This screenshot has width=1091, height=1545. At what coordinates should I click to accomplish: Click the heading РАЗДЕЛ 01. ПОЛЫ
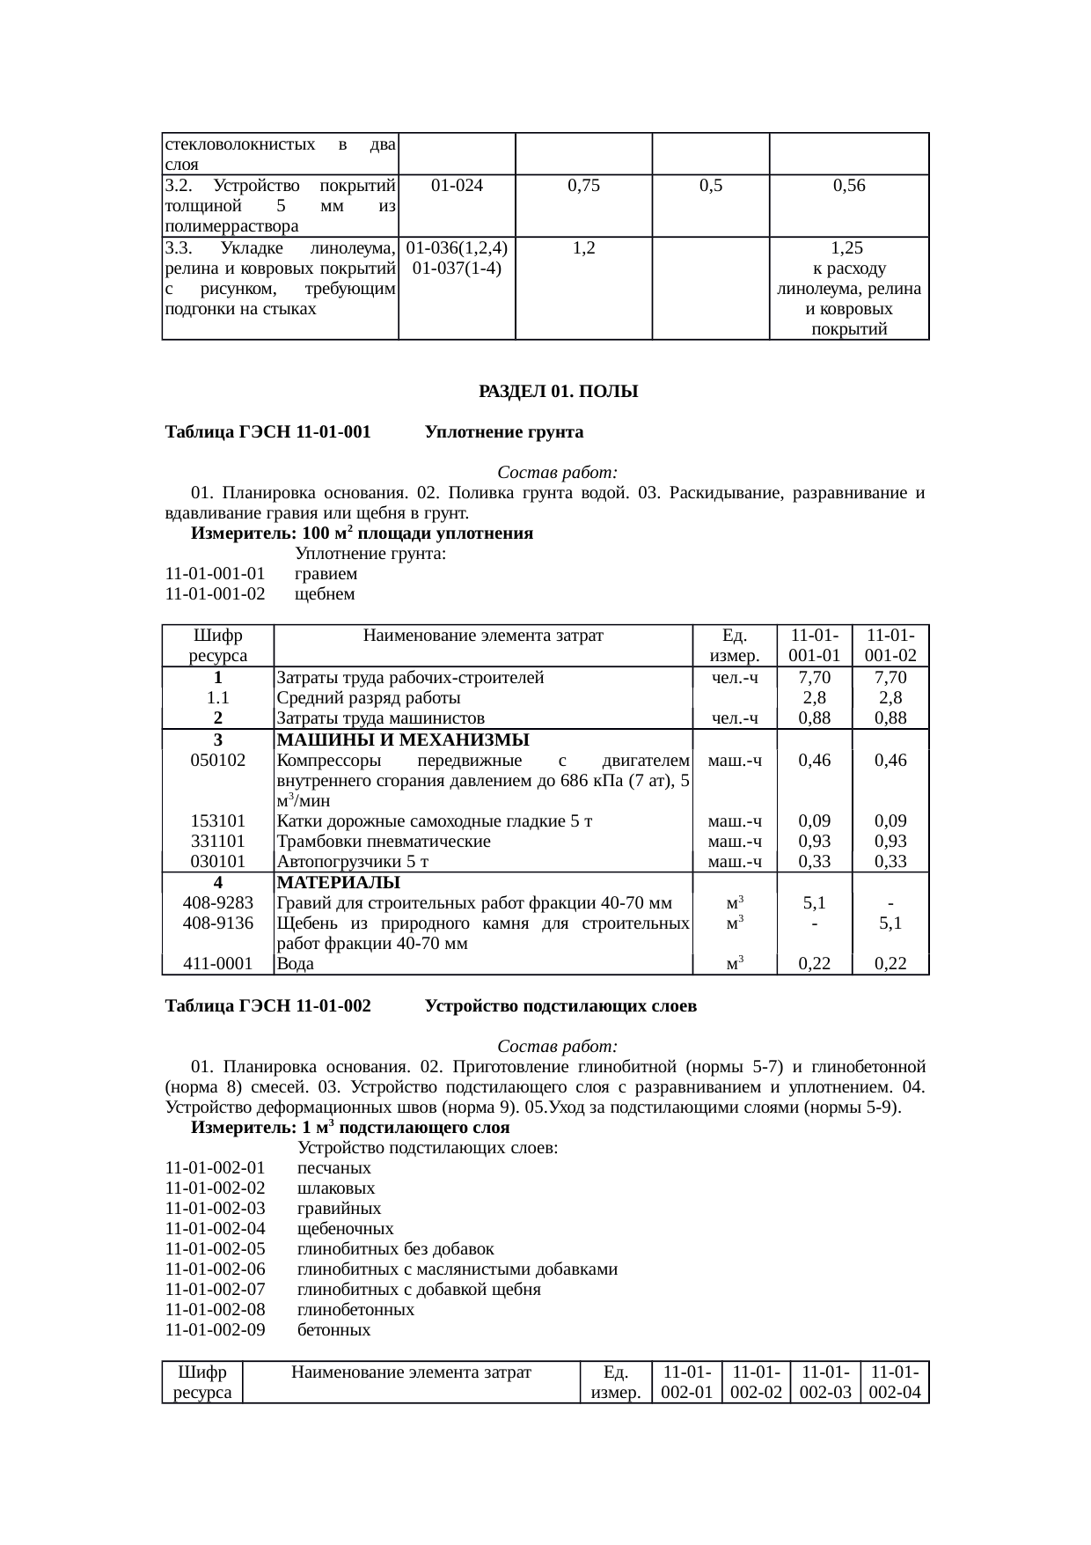tap(558, 391)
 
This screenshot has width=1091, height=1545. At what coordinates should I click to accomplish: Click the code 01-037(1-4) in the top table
tap(457, 269)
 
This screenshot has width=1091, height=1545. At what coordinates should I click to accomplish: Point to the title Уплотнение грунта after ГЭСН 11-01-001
tap(503, 432)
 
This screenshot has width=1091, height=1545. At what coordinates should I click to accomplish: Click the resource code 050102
tap(217, 760)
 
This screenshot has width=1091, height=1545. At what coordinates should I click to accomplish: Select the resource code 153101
tap(217, 821)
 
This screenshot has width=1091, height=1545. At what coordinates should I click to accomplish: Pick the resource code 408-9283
tap(217, 902)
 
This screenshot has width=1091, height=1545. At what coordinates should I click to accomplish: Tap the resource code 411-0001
tap(217, 964)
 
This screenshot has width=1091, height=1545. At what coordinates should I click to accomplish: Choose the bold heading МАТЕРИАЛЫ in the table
tap(339, 882)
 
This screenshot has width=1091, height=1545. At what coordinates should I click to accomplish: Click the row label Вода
tap(296, 964)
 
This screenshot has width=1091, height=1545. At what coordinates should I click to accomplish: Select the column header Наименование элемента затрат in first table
tap(483, 635)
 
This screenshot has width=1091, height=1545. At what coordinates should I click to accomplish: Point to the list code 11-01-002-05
tap(216, 1249)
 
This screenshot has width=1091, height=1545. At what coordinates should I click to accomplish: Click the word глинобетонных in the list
tap(355, 1310)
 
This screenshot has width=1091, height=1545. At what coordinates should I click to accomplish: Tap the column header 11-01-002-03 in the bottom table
tap(824, 1382)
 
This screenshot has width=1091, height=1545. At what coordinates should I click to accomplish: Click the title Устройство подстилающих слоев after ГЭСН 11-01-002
tap(560, 1005)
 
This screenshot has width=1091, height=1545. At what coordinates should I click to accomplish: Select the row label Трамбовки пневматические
tap(384, 842)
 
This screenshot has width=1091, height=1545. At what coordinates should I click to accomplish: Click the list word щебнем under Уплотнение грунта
tap(325, 594)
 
